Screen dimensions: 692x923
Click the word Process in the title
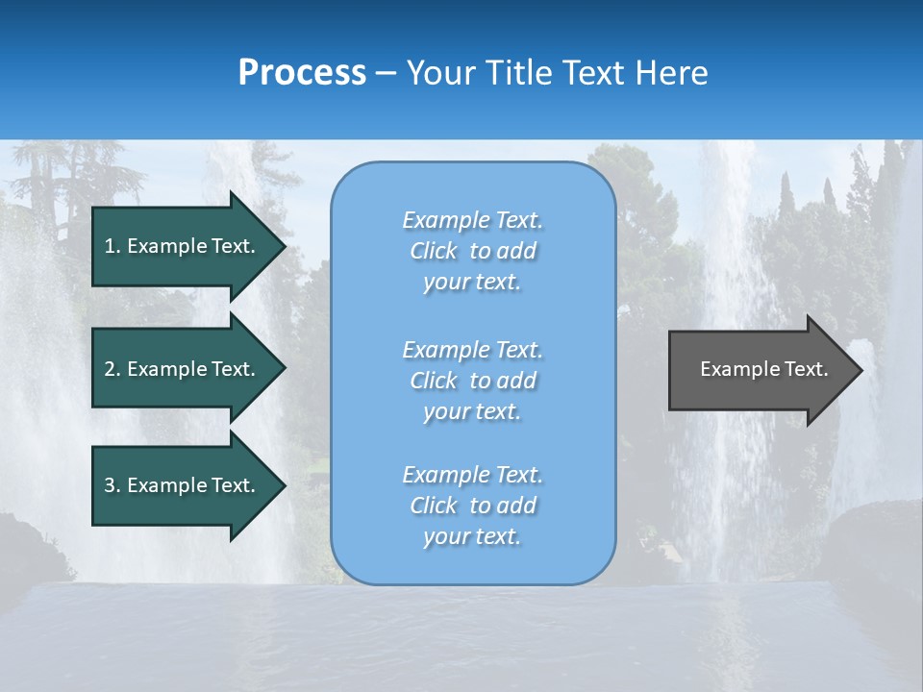point(302,73)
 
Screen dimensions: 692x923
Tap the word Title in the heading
point(520,73)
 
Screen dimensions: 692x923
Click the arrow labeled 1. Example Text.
point(183,246)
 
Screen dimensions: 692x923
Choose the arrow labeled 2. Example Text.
point(183,369)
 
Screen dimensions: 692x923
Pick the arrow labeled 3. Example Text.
point(183,485)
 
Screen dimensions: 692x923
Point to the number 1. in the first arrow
point(112,246)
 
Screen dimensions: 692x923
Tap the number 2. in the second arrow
point(112,369)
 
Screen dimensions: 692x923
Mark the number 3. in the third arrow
point(112,485)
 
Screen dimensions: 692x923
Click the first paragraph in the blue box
point(472,251)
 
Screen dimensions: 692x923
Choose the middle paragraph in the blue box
point(472,380)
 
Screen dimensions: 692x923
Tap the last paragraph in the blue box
point(472,506)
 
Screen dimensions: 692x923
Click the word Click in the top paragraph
point(433,252)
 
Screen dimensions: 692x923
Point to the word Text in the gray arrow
point(806,369)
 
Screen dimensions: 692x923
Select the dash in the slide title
point(386,73)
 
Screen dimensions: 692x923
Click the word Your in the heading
point(443,73)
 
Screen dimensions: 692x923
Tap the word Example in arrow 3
point(167,485)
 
